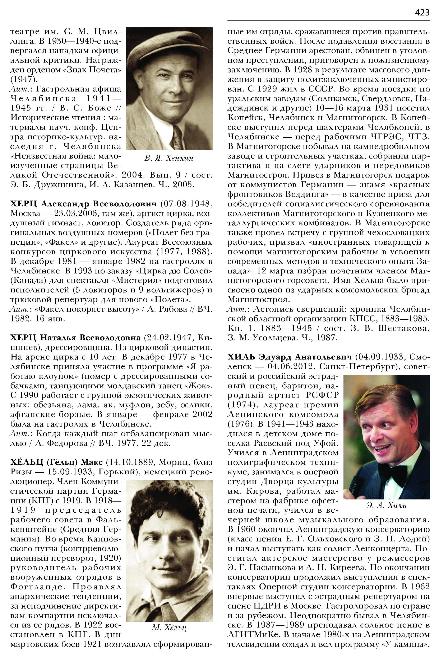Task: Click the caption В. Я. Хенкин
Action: tap(169, 158)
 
